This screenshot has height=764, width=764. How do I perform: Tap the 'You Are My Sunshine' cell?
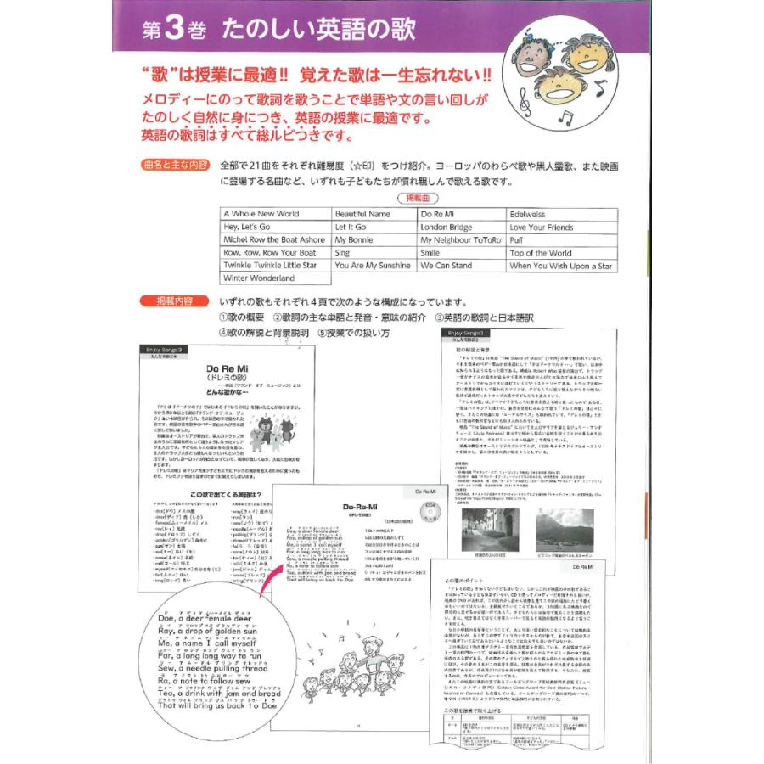(372, 266)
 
